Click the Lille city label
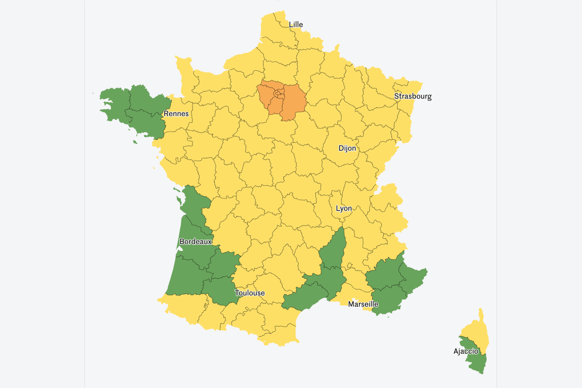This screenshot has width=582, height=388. click(x=295, y=25)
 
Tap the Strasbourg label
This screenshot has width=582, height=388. click(x=413, y=96)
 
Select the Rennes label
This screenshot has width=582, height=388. click(x=176, y=114)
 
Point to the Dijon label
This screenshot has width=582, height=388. click(x=347, y=148)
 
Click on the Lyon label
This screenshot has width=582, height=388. click(x=344, y=209)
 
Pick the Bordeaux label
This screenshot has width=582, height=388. click(x=195, y=242)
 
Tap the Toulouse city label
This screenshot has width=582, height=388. click(x=249, y=293)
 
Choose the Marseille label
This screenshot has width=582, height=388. click(x=363, y=304)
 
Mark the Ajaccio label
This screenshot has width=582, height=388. click(x=466, y=351)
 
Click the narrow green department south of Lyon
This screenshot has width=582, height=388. click(x=334, y=251)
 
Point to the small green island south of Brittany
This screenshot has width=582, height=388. click(x=135, y=142)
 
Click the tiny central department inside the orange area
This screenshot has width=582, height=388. click(x=278, y=94)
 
